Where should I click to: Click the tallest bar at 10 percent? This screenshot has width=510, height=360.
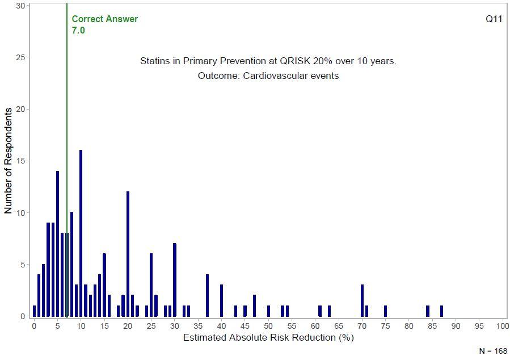click(x=81, y=233)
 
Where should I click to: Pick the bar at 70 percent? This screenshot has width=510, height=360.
click(x=362, y=300)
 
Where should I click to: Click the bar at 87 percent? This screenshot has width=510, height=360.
click(x=441, y=311)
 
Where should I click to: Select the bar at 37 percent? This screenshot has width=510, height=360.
click(x=207, y=295)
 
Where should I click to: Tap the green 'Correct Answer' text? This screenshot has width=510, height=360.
click(x=104, y=19)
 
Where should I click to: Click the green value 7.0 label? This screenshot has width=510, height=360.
click(x=78, y=30)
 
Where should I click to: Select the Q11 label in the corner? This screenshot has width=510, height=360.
click(x=494, y=19)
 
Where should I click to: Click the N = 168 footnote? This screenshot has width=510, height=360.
click(x=493, y=351)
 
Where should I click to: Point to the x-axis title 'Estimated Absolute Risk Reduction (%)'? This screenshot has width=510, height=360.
click(x=268, y=338)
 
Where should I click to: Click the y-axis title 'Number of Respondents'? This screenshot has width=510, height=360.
click(x=8, y=161)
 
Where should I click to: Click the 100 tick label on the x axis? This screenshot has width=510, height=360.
click(x=502, y=326)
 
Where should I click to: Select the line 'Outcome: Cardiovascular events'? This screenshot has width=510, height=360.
click(x=268, y=76)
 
